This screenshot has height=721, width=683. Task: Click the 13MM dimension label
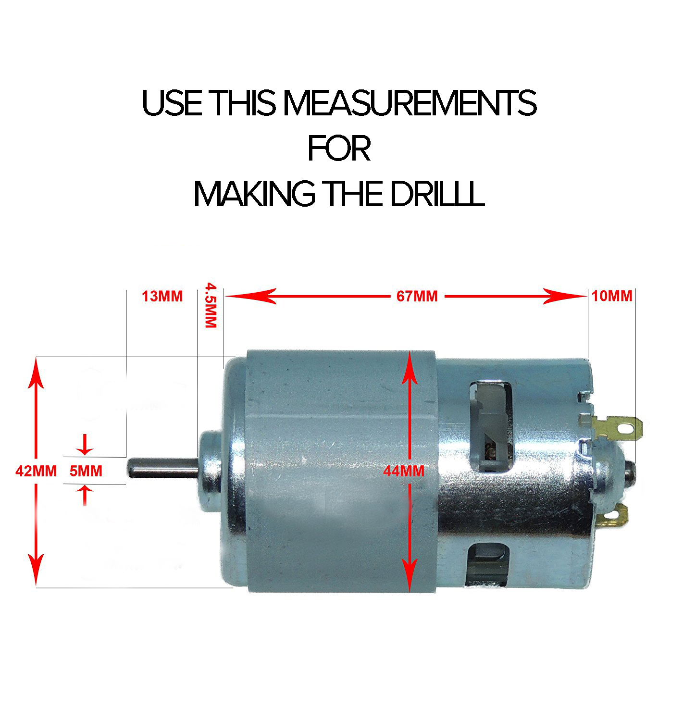click(x=162, y=296)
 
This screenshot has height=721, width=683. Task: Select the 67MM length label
click(x=417, y=296)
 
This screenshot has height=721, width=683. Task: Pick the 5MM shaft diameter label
click(x=86, y=471)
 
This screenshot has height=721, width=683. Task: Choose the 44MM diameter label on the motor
click(x=404, y=472)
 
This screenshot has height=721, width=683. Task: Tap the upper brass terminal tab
click(x=618, y=427)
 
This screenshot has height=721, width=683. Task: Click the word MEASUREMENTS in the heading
click(x=410, y=103)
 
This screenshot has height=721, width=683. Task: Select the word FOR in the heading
click(x=339, y=149)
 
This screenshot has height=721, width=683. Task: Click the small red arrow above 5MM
click(x=86, y=444)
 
